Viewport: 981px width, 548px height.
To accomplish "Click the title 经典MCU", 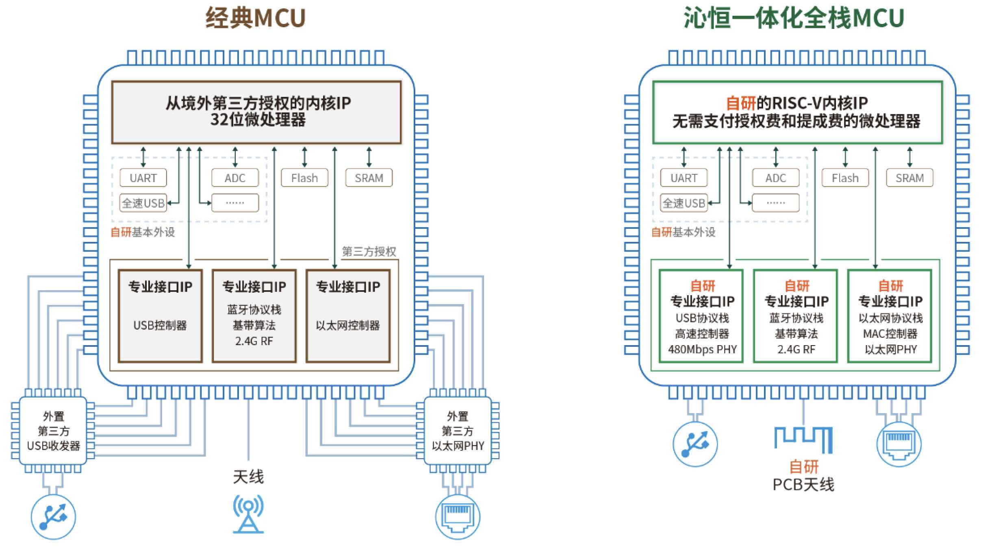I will (x=255, y=18).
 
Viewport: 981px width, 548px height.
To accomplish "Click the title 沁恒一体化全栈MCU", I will (x=793, y=18).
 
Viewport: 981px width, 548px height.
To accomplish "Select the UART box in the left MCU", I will (x=143, y=178).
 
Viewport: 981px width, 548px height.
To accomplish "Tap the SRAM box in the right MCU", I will (x=909, y=178).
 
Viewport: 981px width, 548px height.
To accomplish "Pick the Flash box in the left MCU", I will (x=304, y=178).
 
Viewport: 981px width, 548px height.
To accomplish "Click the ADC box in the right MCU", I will (x=775, y=178).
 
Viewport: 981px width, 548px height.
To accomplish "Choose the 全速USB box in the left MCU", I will (x=143, y=203).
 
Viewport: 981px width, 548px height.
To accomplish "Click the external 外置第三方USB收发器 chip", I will (x=53, y=431).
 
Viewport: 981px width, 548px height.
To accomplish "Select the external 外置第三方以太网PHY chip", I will (x=458, y=431).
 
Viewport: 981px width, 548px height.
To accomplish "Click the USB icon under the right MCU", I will (x=695, y=444).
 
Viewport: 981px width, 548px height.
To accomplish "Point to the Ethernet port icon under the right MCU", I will (x=899, y=444).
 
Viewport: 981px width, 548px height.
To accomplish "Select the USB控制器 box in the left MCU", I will (x=160, y=316).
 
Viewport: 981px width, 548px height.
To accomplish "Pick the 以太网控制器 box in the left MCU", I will (x=348, y=316).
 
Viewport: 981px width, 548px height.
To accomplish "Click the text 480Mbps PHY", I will (x=702, y=349).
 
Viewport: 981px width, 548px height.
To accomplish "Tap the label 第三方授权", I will (x=369, y=252).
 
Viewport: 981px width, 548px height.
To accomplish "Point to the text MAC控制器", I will (x=890, y=334).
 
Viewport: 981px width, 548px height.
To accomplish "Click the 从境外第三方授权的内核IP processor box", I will (x=256, y=112).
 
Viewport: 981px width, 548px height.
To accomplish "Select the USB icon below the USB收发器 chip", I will (x=53, y=517).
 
